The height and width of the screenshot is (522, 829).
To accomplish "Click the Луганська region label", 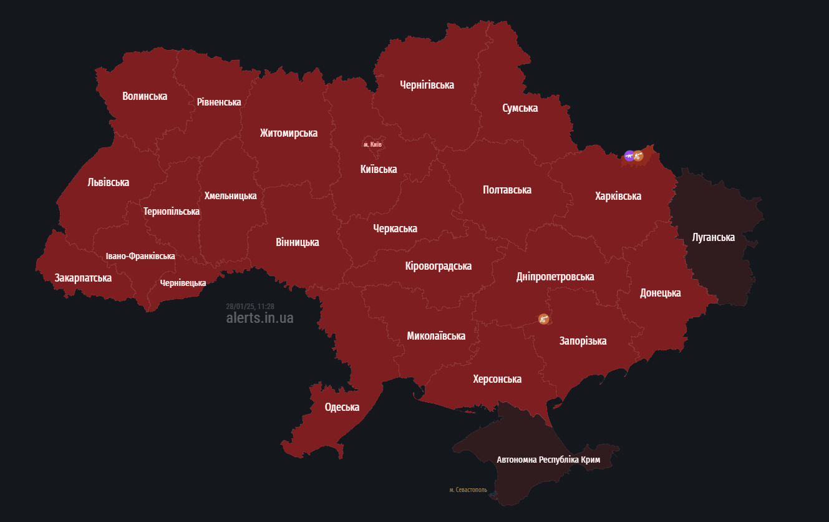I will (x=713, y=237).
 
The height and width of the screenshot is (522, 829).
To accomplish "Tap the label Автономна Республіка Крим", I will (x=548, y=460).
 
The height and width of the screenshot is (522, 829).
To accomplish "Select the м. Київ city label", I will (x=372, y=144).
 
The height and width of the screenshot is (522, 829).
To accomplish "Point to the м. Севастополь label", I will (x=468, y=490).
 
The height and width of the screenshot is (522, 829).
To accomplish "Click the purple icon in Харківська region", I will (x=629, y=155).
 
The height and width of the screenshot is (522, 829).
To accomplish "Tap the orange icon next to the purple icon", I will (x=638, y=156).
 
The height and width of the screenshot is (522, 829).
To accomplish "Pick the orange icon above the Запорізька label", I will (x=544, y=319).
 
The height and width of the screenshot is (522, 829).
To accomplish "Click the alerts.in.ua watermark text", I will (x=259, y=318).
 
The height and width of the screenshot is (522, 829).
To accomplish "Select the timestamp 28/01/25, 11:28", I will (x=250, y=307).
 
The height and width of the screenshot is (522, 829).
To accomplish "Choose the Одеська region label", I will (x=342, y=407).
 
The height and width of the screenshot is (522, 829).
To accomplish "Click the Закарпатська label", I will (x=83, y=278).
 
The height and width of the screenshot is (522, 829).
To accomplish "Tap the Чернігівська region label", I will (x=427, y=85).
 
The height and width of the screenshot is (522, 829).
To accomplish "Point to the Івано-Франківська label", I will (x=140, y=256).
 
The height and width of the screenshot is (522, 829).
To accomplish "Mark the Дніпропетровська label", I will (x=555, y=277).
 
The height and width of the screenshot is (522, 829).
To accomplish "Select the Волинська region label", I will (x=145, y=96).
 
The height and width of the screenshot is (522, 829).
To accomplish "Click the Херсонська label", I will (x=497, y=379).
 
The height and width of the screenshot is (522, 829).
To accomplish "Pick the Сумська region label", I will (x=520, y=108).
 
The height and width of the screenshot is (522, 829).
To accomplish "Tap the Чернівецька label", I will (x=183, y=283).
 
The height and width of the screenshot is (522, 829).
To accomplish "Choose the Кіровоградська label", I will (x=438, y=266).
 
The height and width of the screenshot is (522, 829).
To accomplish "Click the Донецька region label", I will (x=660, y=293).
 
